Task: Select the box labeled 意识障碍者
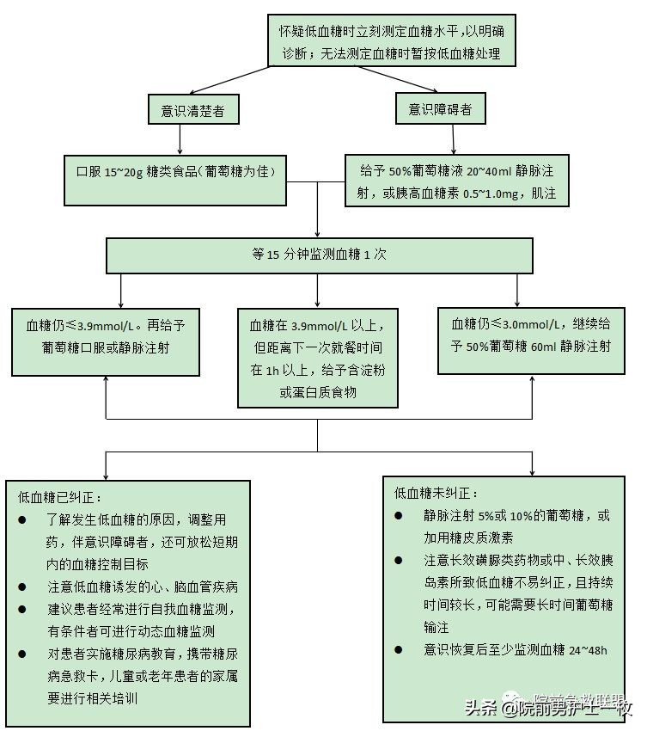[440, 109]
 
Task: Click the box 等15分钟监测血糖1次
[317, 255]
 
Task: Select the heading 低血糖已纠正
[61, 497]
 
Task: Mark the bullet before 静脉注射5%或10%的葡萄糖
[399, 516]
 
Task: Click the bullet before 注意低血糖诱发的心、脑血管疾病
[22, 587]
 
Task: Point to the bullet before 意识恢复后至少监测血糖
[399, 649]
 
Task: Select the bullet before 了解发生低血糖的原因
[22, 519]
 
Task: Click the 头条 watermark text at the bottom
[481, 708]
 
